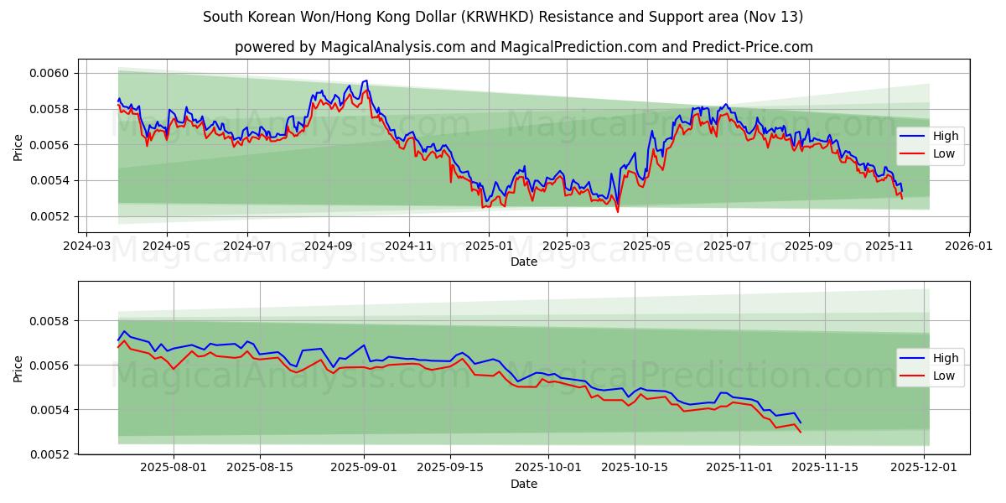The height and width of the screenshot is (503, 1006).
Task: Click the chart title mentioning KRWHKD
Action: click(503, 17)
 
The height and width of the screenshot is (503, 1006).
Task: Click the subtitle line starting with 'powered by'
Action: click(523, 47)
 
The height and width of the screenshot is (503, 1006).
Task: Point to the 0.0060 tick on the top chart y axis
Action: click(51, 74)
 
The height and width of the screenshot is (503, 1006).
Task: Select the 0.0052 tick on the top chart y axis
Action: click(51, 217)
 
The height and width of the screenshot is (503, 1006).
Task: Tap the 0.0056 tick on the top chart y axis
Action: click(51, 145)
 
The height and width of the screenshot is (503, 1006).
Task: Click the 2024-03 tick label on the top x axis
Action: click(86, 247)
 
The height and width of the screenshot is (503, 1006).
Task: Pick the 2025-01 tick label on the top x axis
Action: click(488, 247)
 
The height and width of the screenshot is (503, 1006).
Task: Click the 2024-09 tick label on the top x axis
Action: click(327, 247)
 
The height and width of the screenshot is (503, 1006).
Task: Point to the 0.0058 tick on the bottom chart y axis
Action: click(51, 321)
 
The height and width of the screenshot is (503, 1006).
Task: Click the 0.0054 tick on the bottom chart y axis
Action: click(51, 410)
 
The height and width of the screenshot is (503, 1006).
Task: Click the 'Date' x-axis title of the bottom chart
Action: click(523, 485)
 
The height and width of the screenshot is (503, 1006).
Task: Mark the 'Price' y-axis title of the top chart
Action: click(18, 148)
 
